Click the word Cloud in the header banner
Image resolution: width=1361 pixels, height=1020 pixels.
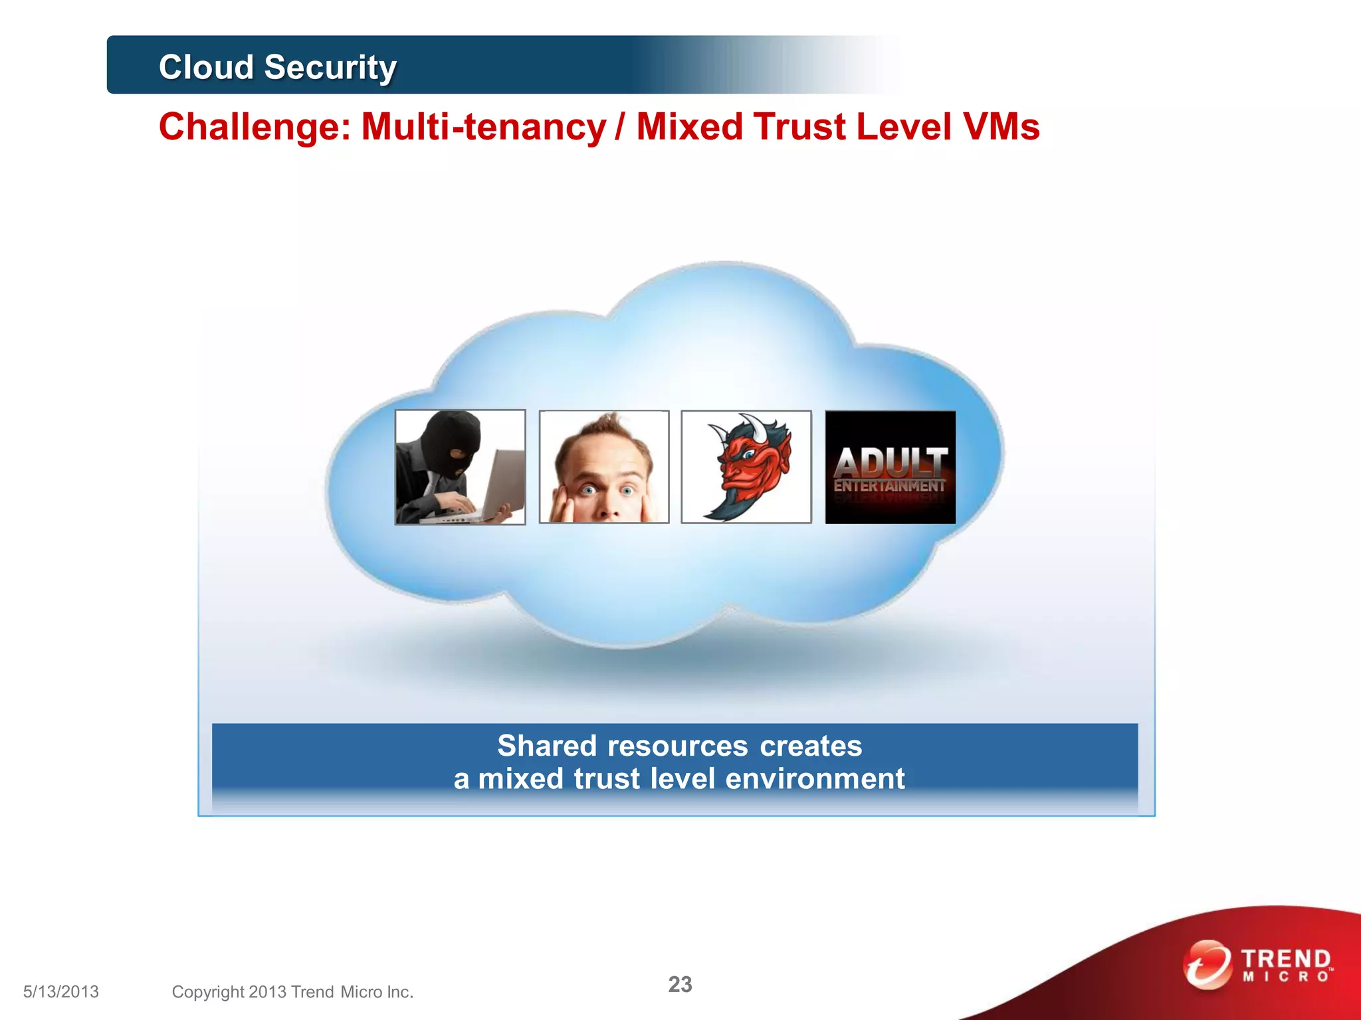pyautogui.click(x=206, y=67)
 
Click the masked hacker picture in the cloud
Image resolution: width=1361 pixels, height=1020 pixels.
pyautogui.click(x=460, y=467)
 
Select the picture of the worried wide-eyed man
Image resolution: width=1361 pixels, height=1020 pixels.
pyautogui.click(x=603, y=467)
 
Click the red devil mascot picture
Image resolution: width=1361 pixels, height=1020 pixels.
pyautogui.click(x=746, y=467)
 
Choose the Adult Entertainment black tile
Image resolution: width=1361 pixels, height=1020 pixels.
pyautogui.click(x=890, y=467)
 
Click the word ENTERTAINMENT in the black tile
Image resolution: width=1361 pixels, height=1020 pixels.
pyautogui.click(x=889, y=486)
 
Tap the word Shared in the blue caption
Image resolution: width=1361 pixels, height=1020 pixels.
pyautogui.click(x=547, y=746)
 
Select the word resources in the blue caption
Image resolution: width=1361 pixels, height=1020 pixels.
pyautogui.click(x=678, y=746)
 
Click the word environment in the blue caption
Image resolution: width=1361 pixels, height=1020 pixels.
pyautogui.click(x=815, y=778)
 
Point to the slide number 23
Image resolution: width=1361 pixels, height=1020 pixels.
pyautogui.click(x=680, y=984)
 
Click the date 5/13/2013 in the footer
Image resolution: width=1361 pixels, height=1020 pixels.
pyautogui.click(x=61, y=991)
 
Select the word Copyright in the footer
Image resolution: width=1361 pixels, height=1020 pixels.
pyautogui.click(x=208, y=991)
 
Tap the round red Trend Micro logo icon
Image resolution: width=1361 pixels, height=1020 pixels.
pyautogui.click(x=1206, y=964)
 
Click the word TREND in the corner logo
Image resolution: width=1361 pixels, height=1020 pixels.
pyautogui.click(x=1286, y=959)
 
